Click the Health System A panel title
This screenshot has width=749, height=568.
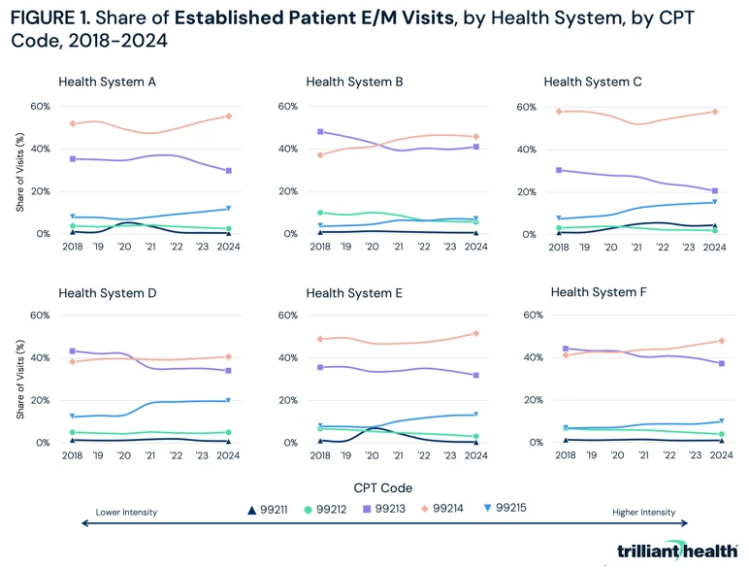[x=107, y=82]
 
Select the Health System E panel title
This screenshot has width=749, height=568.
[x=354, y=292]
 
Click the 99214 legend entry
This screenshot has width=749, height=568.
[x=454, y=509]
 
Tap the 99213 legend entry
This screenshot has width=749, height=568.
[x=391, y=509]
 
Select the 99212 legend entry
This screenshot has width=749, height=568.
[x=329, y=509]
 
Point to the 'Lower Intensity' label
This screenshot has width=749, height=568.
[x=126, y=512]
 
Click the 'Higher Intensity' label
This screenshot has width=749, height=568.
[x=644, y=512]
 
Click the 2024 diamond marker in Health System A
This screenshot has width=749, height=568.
[x=228, y=117]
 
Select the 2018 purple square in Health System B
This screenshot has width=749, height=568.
[x=320, y=131]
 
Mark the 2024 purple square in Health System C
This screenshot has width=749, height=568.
[x=714, y=191]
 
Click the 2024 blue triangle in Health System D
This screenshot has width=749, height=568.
[x=228, y=400]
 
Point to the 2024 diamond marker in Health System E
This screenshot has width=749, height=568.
[x=474, y=333]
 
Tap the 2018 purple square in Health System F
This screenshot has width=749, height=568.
[x=566, y=348]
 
